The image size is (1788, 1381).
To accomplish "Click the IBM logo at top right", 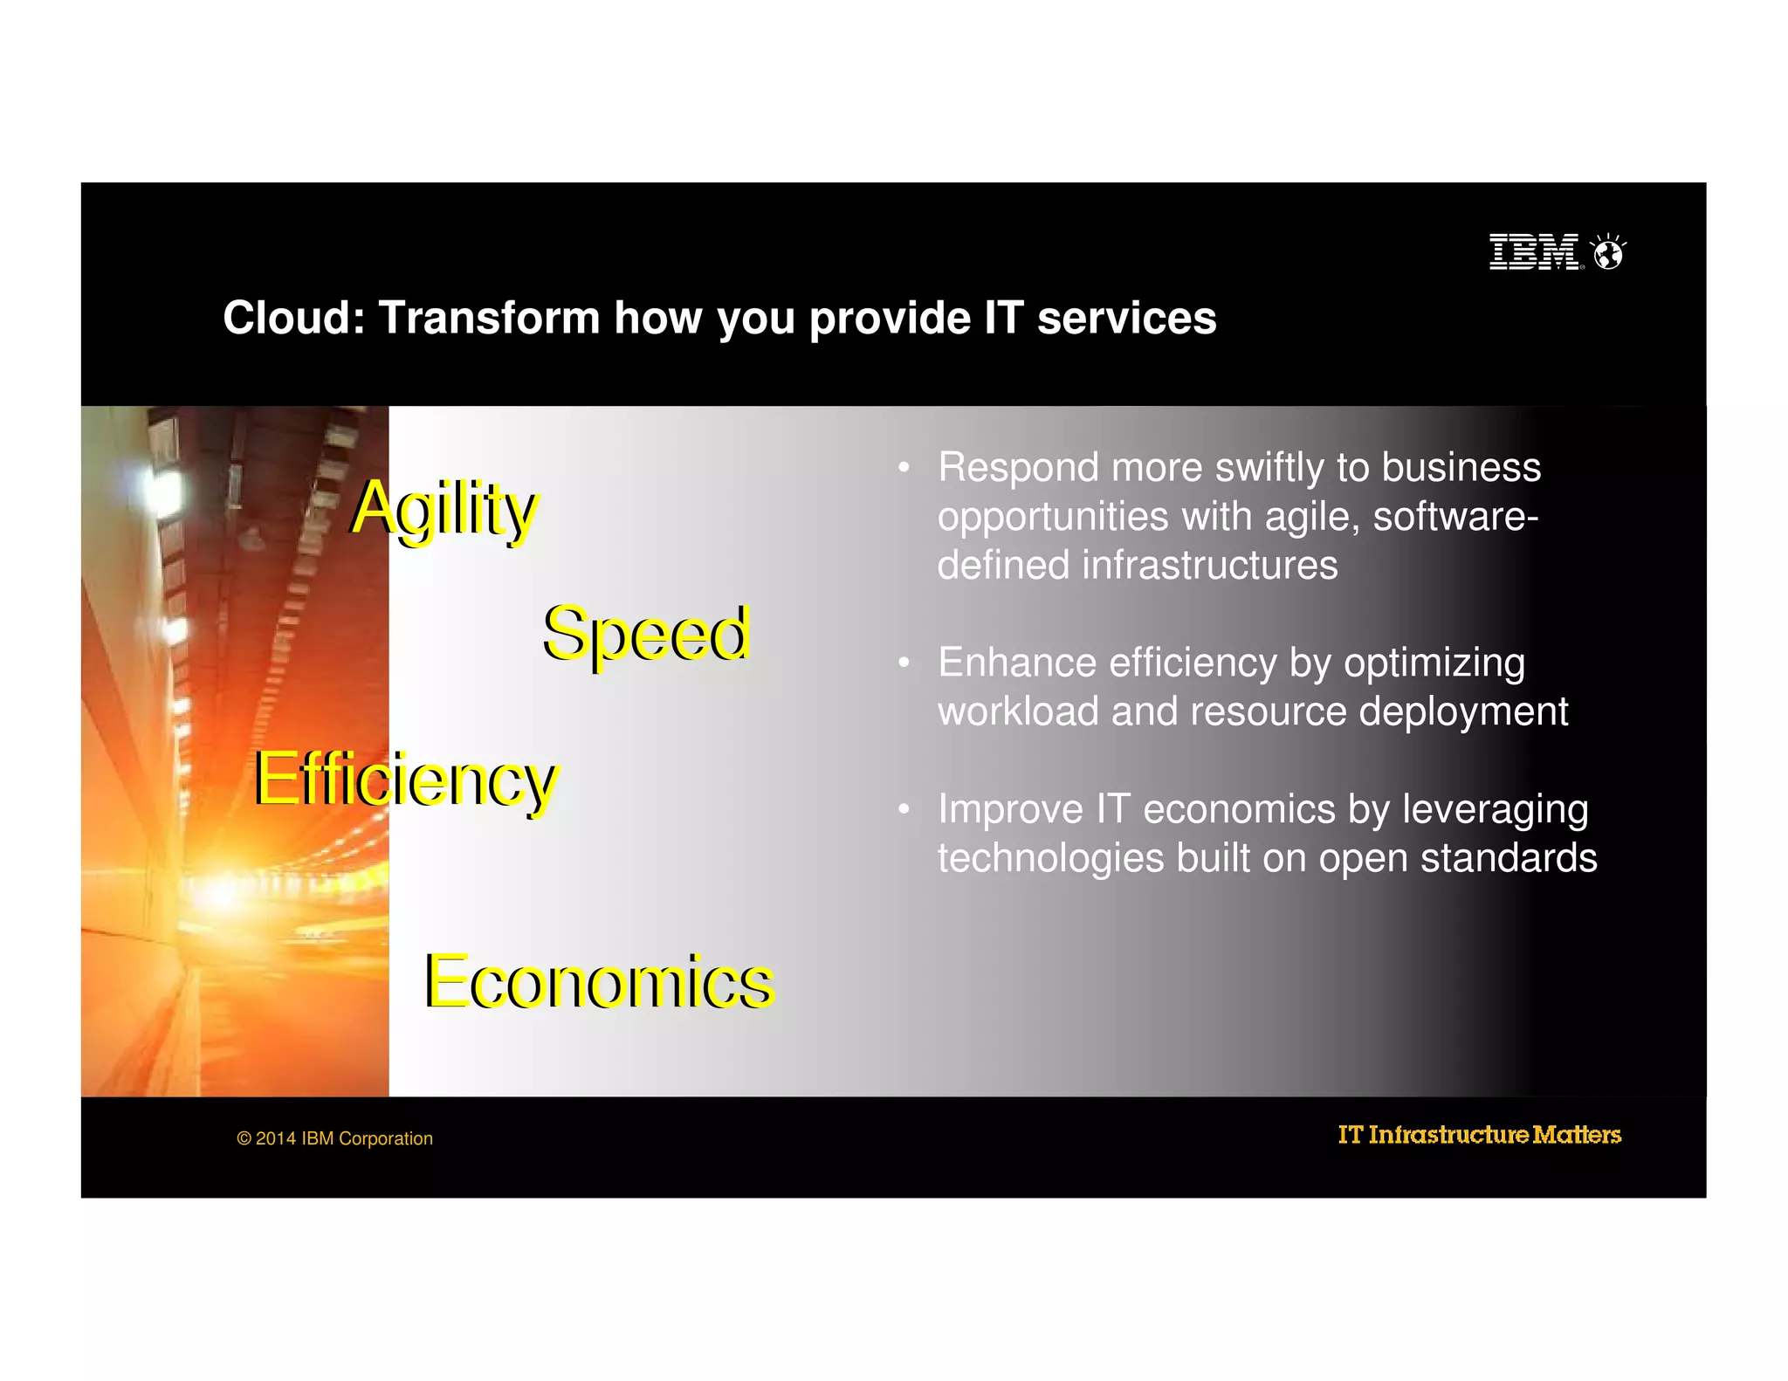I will click(x=1534, y=252).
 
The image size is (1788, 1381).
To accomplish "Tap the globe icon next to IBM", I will click(x=1608, y=253).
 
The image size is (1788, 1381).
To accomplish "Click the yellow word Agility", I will click(x=444, y=509).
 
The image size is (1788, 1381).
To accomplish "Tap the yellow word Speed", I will click(x=646, y=634).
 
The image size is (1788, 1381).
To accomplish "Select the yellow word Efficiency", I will click(x=405, y=780).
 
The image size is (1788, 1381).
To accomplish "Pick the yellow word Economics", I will click(x=599, y=982).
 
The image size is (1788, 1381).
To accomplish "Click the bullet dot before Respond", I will click(x=904, y=468).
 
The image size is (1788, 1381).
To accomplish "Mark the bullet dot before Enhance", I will click(x=904, y=663).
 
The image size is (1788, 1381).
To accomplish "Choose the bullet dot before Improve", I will click(x=904, y=809).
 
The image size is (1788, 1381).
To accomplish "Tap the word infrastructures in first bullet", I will click(x=1209, y=566).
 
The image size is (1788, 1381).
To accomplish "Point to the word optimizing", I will click(x=1434, y=663).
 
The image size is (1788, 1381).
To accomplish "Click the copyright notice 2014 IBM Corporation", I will click(x=335, y=1138).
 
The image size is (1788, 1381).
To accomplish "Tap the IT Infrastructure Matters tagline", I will click(x=1479, y=1135).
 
